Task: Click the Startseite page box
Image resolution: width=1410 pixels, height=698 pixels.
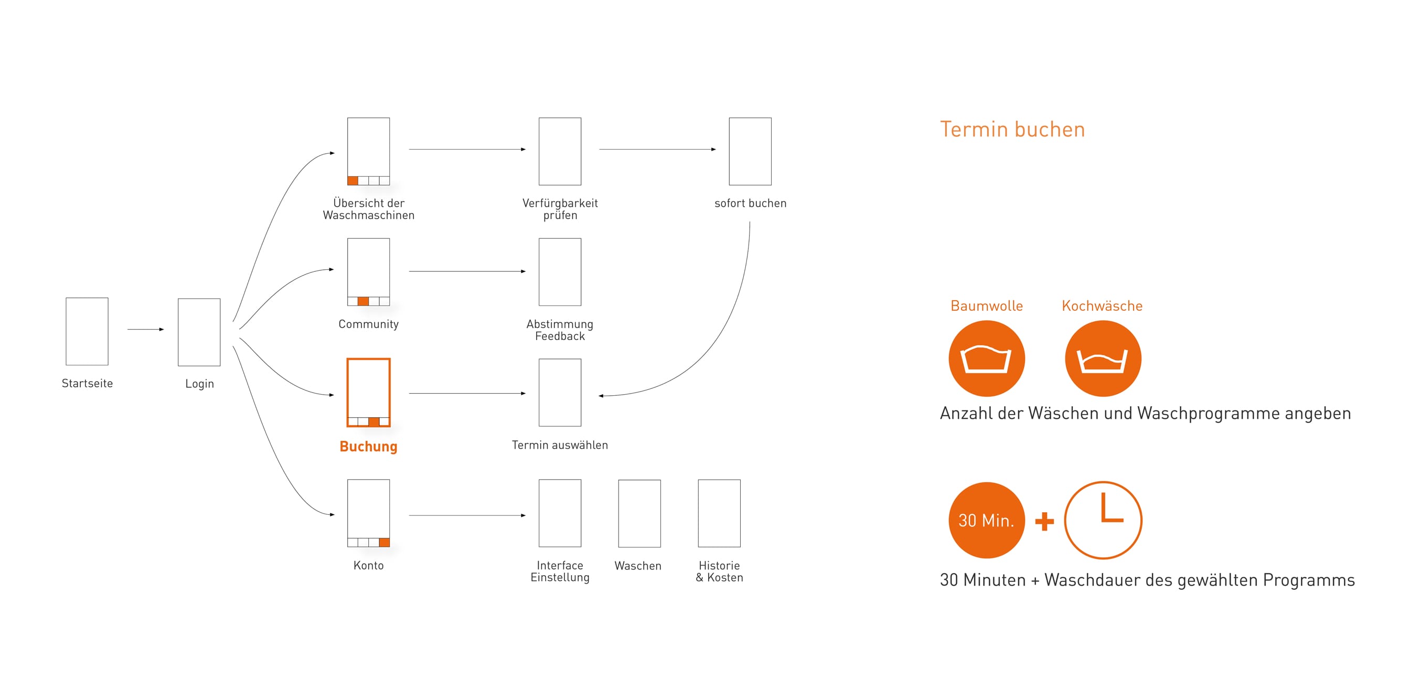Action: pos(87,331)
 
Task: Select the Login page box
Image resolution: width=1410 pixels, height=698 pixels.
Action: pos(199,332)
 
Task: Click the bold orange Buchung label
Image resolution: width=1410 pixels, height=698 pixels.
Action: pos(368,447)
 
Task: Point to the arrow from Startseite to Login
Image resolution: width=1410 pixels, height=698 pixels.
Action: pos(146,329)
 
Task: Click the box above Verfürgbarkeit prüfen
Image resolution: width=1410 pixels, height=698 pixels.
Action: pos(560,151)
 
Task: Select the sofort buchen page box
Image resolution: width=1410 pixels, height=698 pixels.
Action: pos(750,151)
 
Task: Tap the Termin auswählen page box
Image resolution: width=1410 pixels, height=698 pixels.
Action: pos(560,393)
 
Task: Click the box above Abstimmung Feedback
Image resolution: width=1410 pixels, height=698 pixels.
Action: pos(560,271)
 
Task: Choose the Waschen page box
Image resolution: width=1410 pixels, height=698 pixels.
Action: pos(639,513)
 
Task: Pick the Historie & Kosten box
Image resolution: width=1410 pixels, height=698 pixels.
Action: pos(719,513)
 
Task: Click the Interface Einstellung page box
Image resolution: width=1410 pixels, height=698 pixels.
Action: pos(560,513)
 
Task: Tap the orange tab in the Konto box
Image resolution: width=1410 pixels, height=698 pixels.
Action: pos(384,543)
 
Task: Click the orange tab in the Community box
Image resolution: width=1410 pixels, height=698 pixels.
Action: pos(363,301)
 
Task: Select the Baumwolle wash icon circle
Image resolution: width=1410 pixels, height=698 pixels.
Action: pos(986,358)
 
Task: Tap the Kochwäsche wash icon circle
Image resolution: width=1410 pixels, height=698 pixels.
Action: pos(1103,358)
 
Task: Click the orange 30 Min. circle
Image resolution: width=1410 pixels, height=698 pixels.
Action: pos(986,520)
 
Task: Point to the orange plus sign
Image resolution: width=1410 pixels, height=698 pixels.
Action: pos(1044,521)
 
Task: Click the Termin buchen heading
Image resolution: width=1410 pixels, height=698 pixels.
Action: pos(1012,130)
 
